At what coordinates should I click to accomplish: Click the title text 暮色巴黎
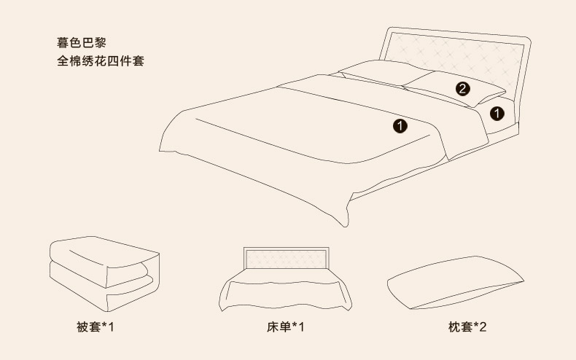[82, 42]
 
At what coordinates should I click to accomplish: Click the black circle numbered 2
[462, 90]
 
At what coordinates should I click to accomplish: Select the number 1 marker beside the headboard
[497, 113]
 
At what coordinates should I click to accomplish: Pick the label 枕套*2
[467, 326]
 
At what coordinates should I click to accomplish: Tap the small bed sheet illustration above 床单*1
[287, 284]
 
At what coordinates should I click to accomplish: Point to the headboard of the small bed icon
[287, 257]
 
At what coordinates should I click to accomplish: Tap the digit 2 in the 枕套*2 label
[482, 326]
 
